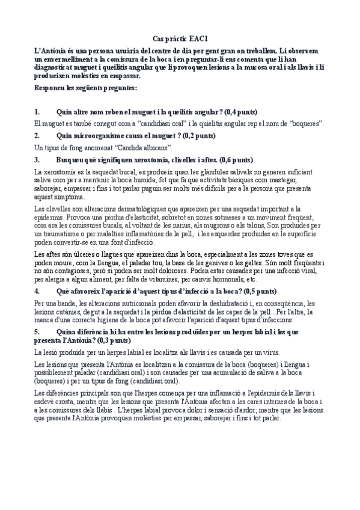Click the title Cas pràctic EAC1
click(179, 37)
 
